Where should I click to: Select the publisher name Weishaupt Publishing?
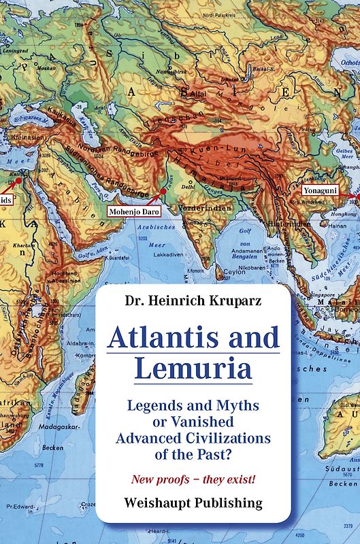pyautogui.click(x=193, y=503)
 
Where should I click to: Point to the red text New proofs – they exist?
pyautogui.click(x=193, y=479)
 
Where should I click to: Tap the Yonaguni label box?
pyautogui.click(x=324, y=192)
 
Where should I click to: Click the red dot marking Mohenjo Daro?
pyautogui.click(x=163, y=192)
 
